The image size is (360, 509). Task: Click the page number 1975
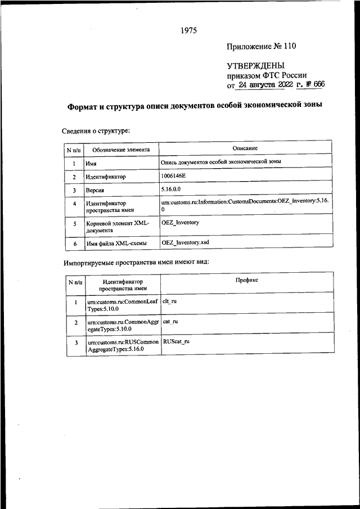(188, 30)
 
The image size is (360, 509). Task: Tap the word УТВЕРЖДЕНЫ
(252, 65)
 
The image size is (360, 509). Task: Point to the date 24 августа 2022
(265, 85)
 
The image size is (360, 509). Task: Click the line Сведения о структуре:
(96, 132)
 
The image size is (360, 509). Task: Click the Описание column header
(245, 148)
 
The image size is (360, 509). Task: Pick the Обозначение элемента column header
(121, 151)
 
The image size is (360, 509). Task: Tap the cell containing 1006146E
(173, 176)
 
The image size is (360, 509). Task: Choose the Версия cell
(94, 191)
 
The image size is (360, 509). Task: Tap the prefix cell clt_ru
(169, 301)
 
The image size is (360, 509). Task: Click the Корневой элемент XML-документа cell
(118, 227)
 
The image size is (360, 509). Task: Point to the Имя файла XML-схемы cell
(116, 244)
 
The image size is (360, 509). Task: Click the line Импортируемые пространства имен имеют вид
(144, 263)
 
